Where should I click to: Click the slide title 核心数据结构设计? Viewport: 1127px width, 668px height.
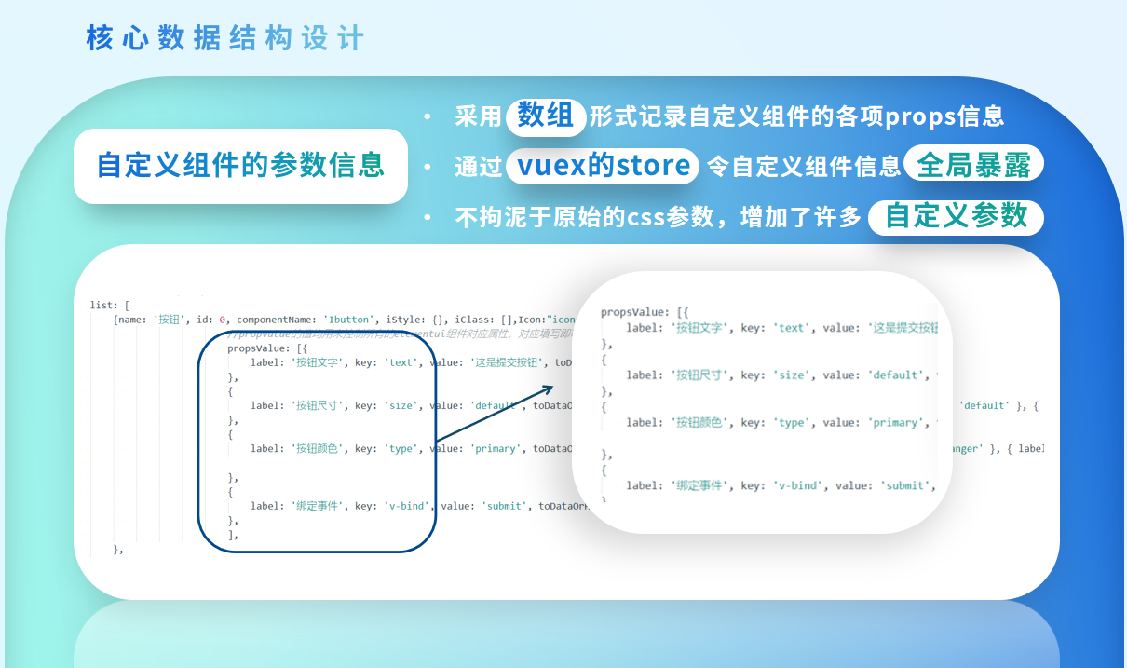pos(224,38)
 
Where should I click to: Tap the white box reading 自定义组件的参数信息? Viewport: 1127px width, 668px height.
pos(240,166)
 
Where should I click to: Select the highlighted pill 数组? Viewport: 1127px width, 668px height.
pos(546,116)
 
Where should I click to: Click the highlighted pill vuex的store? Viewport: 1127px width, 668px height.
pos(602,166)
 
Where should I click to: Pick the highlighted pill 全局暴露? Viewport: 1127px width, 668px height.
pos(973,166)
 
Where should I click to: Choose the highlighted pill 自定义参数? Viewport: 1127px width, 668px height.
pos(956,216)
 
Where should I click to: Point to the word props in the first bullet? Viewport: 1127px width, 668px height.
pos(913,117)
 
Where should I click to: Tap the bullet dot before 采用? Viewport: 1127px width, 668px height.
pos(428,117)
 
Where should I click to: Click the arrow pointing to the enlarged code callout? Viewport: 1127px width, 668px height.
pos(494,413)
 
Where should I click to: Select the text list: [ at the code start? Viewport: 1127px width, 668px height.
pos(109,306)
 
